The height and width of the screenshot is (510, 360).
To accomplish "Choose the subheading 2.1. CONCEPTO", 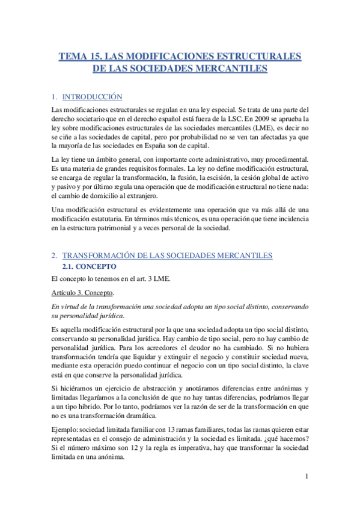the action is point(90,266).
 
